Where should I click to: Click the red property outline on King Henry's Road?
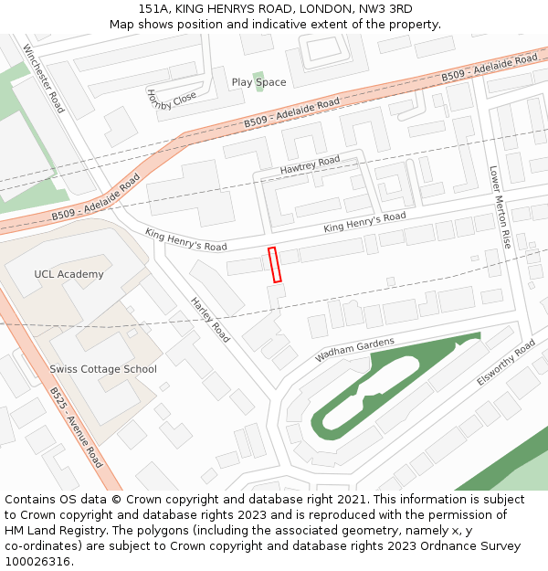pyautogui.click(x=274, y=264)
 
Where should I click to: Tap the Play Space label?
pyautogui.click(x=258, y=82)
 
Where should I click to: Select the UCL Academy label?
pyautogui.click(x=68, y=274)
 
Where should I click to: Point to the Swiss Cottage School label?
pyautogui.click(x=103, y=369)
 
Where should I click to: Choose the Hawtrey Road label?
pyautogui.click(x=310, y=164)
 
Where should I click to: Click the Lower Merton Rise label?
pyautogui.click(x=500, y=207)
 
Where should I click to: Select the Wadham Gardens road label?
pyautogui.click(x=354, y=349)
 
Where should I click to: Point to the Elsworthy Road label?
pyautogui.click(x=506, y=364)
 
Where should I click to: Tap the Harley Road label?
pyautogui.click(x=210, y=320)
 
